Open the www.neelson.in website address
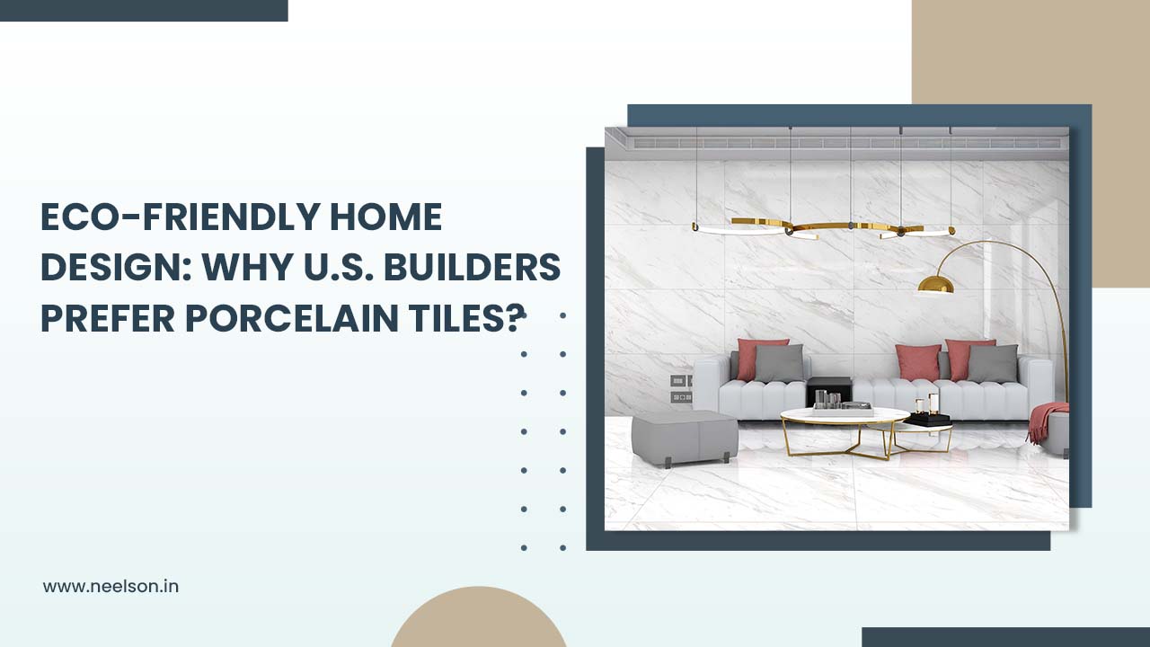pos(111,586)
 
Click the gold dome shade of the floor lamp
pos(935,285)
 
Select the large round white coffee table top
pos(844,415)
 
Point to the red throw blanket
pos(1048,419)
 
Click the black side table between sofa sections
pos(827,391)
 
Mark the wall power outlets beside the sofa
pos(680,388)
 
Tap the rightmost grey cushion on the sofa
pos(993,363)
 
